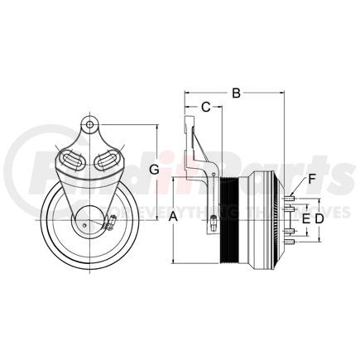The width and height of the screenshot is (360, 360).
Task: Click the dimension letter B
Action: [236, 94]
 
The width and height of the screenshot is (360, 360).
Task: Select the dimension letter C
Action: [206, 106]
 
